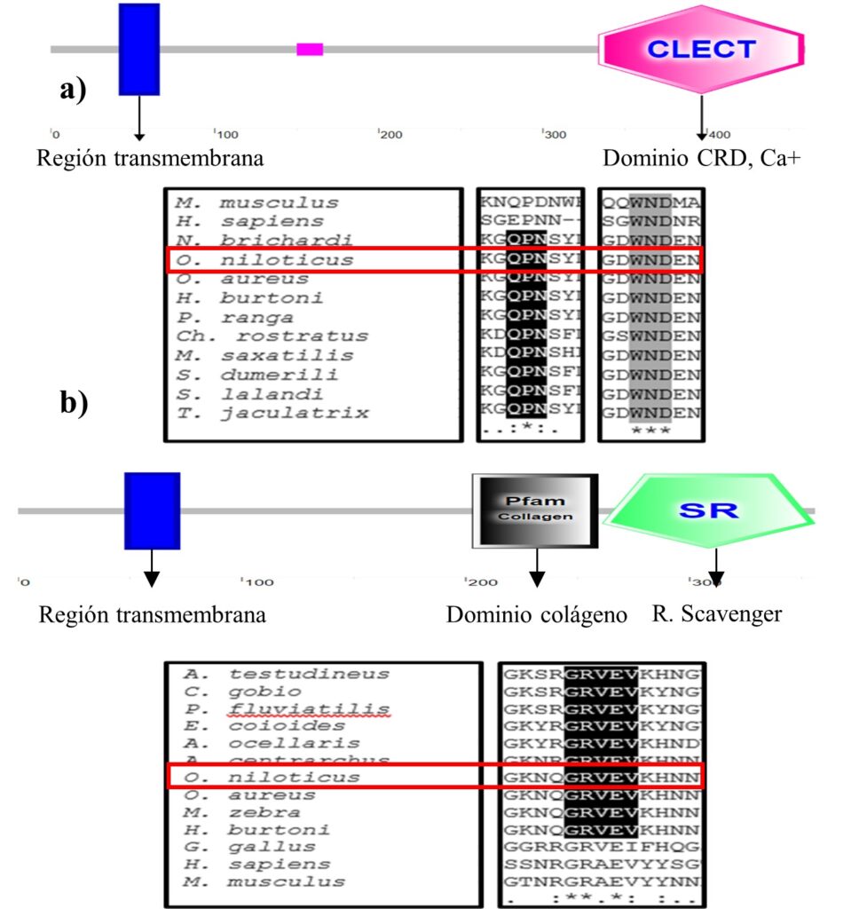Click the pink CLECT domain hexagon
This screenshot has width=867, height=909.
pos(701,49)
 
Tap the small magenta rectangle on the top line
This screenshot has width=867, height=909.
pos(310,49)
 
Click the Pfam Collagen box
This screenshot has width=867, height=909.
pos(535,510)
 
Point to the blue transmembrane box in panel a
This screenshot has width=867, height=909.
pos(139,49)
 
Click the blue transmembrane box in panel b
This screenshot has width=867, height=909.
pos(152,510)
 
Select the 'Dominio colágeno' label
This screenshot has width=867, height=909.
pos(537,614)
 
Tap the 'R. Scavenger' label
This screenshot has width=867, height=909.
pos(717,613)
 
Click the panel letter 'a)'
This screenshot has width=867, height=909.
pos(73,90)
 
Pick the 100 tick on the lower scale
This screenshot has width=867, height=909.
pos(256,582)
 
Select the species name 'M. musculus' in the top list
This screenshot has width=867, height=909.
pos(256,202)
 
